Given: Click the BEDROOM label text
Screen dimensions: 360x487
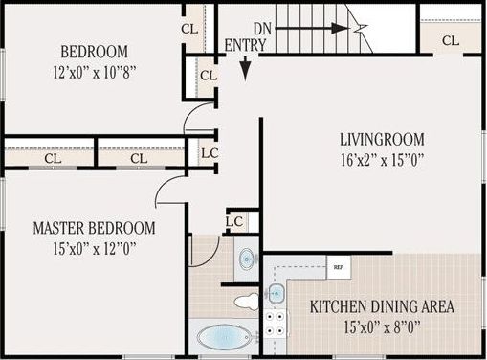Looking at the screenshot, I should click(x=95, y=52).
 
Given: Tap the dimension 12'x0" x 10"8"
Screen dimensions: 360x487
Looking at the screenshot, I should click(x=95, y=70).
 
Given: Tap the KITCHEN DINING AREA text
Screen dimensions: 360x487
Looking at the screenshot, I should click(x=382, y=307).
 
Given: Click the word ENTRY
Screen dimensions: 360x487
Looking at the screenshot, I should click(x=245, y=45).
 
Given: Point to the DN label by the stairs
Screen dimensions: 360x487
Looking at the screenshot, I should click(x=264, y=29).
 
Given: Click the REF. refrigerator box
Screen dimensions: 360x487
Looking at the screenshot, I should click(x=337, y=267).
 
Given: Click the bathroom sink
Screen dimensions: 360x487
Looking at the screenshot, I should click(x=247, y=257).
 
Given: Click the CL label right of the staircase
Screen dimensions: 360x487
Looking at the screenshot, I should click(x=451, y=40).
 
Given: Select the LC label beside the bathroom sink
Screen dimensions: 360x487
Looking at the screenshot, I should click(x=233, y=221).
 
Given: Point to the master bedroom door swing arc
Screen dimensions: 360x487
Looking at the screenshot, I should click(x=167, y=190).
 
